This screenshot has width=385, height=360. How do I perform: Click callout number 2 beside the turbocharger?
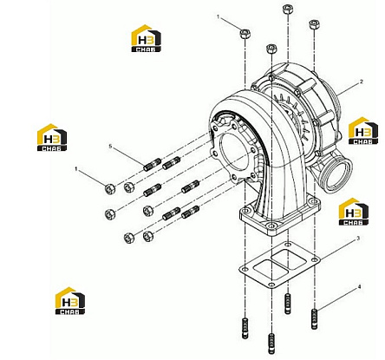coord(361,82)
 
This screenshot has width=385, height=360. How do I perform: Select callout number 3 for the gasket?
coord(358,239)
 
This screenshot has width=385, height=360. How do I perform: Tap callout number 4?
coord(359,287)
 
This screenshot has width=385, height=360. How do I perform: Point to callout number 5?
coord(110,147)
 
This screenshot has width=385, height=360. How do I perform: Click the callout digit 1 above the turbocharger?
coord(219,17)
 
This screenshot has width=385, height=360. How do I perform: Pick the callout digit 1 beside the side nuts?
coord(76,168)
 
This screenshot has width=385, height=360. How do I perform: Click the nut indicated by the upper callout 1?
coord(245,34)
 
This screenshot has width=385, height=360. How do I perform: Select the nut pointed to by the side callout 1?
coord(110,189)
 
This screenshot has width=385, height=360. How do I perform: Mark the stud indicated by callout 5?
coord(153,165)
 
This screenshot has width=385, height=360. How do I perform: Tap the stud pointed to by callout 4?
coord(315,318)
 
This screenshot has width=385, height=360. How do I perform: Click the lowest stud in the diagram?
coord(271,344)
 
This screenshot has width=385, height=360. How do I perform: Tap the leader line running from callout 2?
coord(348,88)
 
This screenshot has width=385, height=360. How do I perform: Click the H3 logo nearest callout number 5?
coord(52,137)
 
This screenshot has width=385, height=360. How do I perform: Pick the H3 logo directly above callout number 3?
coord(354,212)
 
